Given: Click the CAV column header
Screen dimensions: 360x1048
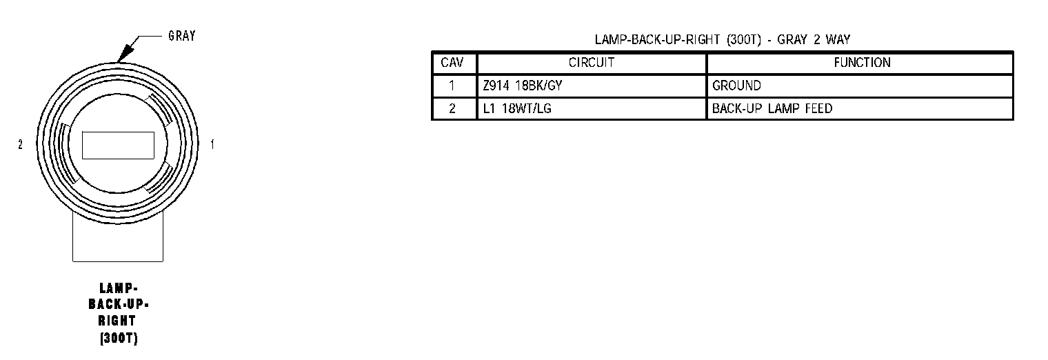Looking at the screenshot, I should click(x=452, y=63).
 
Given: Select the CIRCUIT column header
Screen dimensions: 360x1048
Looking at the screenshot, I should click(x=591, y=63).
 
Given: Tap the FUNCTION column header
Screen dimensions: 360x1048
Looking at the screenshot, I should click(x=862, y=63).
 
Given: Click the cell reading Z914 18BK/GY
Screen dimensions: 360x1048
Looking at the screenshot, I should click(x=518, y=86).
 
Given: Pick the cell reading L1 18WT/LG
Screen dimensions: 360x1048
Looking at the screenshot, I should click(x=512, y=109).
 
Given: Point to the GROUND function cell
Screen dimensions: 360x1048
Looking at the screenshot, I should click(x=736, y=86).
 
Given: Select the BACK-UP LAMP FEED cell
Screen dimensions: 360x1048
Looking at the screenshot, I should click(x=772, y=109).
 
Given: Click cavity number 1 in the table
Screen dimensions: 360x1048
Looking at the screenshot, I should click(x=452, y=86).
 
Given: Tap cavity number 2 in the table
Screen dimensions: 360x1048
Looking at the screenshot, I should click(x=452, y=109).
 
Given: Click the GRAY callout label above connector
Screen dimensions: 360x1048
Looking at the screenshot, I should click(x=181, y=36).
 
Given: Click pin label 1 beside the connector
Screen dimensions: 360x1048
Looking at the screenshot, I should click(x=212, y=145).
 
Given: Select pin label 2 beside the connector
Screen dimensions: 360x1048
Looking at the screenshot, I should click(x=20, y=145).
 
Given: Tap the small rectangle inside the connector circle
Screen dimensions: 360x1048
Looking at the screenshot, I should click(x=118, y=145).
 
